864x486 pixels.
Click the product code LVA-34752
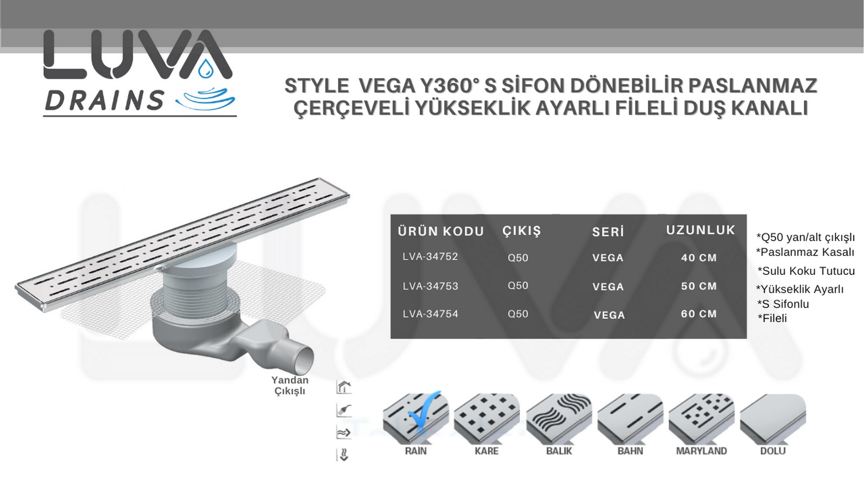tap(430, 256)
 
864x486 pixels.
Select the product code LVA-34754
tap(430, 314)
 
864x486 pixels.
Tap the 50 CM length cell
tap(698, 286)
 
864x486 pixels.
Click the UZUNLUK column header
tap(701, 230)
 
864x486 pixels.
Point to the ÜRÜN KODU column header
tap(441, 231)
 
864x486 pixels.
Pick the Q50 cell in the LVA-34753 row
tap(518, 286)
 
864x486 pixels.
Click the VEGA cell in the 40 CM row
tap(608, 258)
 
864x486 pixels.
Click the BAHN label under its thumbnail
tap(630, 451)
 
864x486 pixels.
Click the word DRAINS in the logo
tap(104, 100)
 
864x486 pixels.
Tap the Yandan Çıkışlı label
tap(290, 386)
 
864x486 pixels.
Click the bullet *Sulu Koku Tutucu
tap(806, 271)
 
